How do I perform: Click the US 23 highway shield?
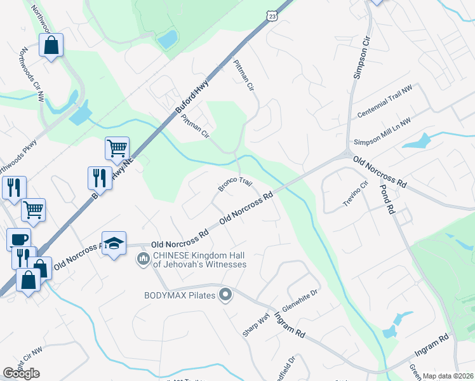click(272, 15)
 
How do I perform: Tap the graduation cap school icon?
click(114, 243)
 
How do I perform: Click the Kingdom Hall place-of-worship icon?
click(142, 260)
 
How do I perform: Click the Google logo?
click(22, 373)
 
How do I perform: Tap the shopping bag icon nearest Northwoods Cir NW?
click(51, 46)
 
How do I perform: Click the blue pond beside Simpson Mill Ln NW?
click(416, 140)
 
